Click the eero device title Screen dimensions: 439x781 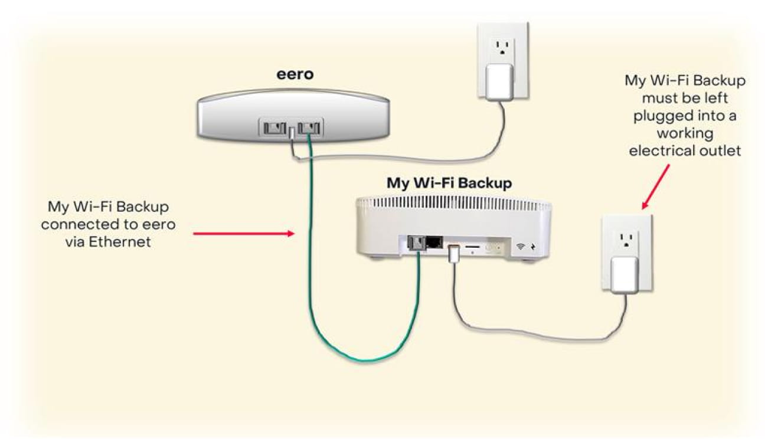[295, 75]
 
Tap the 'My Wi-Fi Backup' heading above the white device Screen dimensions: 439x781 [449, 183]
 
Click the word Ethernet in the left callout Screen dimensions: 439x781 [123, 241]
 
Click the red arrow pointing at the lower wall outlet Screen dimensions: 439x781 [656, 186]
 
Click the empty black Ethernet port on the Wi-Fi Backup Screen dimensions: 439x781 [434, 242]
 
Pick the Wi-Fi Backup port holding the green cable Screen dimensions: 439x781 [416, 243]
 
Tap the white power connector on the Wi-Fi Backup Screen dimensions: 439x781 [453, 254]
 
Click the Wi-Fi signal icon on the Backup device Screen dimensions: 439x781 [520, 247]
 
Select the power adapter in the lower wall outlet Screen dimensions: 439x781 [624, 274]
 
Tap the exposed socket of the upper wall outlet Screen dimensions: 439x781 [502, 48]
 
